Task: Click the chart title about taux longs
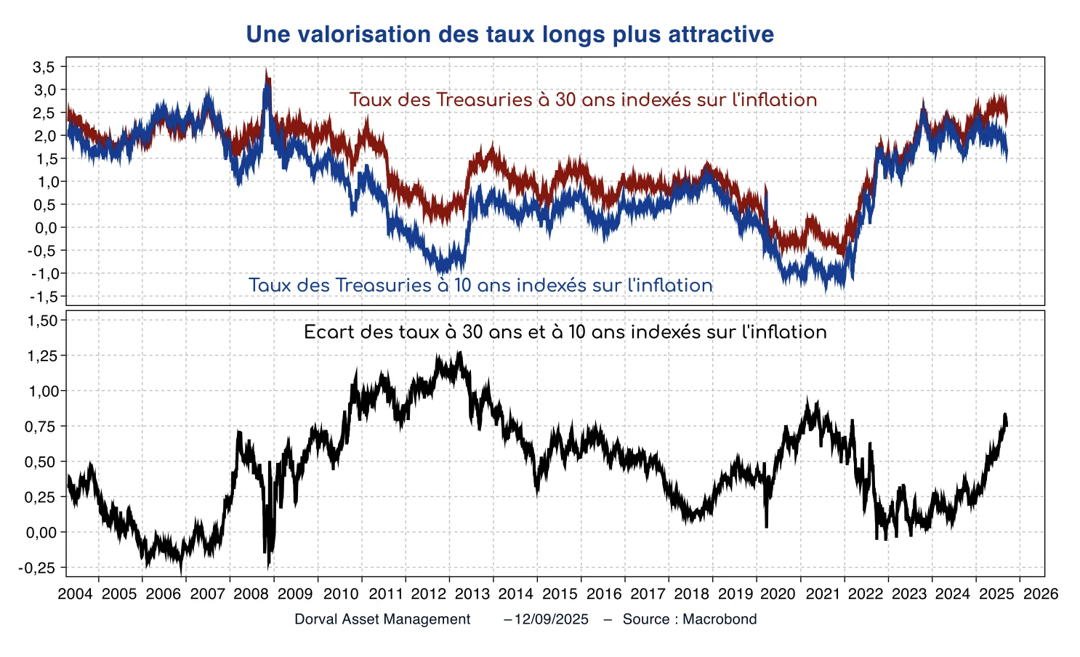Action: coord(509,34)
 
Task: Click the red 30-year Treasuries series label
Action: coord(583,100)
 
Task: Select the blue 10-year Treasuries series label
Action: coord(480,285)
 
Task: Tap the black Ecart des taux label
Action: coord(565,332)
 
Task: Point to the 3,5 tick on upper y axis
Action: coord(44,67)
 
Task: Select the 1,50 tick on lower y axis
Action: coord(41,321)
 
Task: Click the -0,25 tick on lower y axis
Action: coord(40,568)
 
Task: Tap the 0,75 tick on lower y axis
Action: coord(41,427)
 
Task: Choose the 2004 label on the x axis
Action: coord(76,594)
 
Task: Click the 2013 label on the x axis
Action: coord(472,594)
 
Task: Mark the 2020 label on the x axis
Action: coord(778,594)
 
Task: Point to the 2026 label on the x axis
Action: coord(1041,594)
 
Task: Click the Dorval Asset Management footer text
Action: coord(382,619)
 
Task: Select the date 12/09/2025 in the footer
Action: coord(550,619)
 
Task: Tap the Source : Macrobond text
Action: coord(690,619)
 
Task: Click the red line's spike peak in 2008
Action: coord(266,70)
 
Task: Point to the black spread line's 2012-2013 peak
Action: coord(459,352)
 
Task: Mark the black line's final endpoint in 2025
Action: coord(1007,425)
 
